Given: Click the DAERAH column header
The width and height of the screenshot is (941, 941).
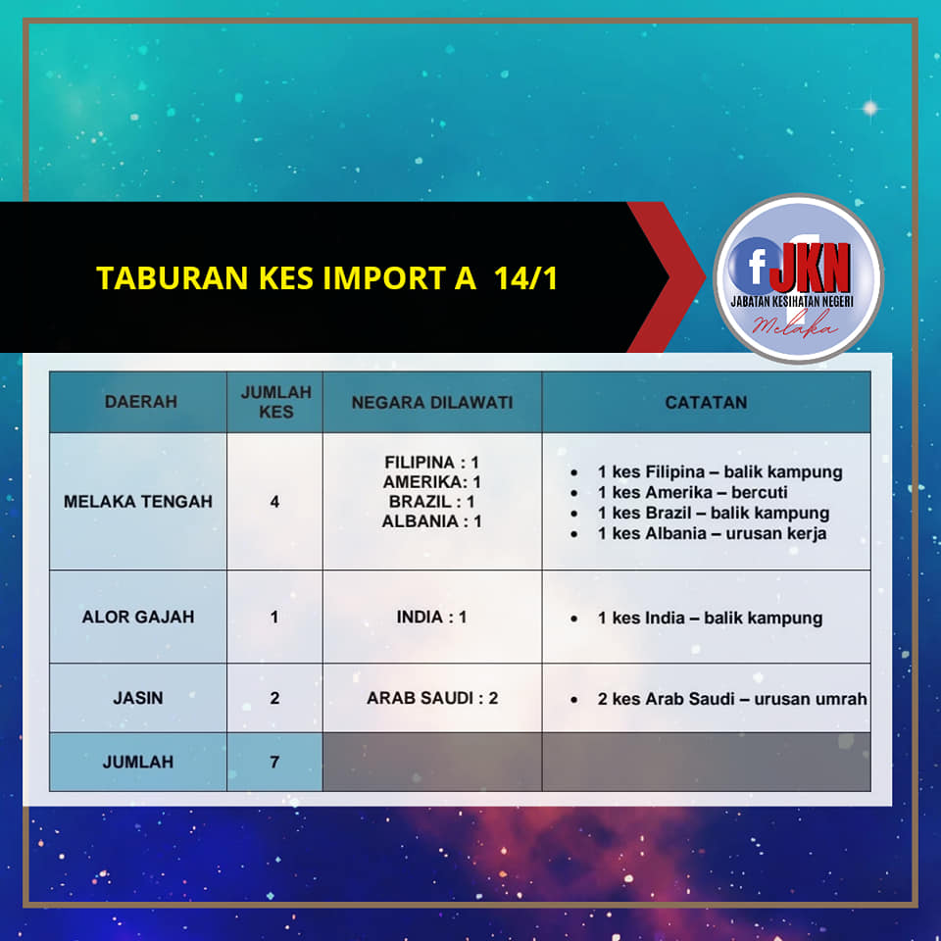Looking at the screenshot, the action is point(141,402).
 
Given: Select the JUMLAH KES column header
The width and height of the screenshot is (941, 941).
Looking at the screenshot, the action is point(276,402).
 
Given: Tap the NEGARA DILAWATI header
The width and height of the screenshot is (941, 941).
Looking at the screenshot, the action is point(432,402).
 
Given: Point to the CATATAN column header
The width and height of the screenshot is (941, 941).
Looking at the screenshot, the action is point(706,402).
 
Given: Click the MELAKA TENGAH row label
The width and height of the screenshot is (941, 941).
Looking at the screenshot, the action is point(138,501).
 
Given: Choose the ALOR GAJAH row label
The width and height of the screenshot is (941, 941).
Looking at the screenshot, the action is point(138,617).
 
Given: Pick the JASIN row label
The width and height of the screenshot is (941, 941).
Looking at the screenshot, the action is point(138,698).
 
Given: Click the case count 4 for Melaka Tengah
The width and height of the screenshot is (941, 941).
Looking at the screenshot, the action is point(274,502).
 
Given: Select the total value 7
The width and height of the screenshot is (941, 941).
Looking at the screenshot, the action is point(274,762).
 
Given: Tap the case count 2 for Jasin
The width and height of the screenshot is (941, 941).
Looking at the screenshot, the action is point(274,698).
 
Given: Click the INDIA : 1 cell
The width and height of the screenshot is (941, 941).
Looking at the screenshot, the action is point(431,617).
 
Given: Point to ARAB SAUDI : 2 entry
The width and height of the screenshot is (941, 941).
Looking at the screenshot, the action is point(432,698).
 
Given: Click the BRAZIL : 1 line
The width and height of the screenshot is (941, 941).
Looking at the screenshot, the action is point(431,501).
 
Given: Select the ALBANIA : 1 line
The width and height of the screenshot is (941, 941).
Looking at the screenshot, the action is point(431,520).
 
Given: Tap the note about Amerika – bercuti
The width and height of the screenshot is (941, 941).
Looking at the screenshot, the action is point(693,492).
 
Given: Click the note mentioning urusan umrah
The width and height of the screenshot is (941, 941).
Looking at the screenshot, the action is point(732,699).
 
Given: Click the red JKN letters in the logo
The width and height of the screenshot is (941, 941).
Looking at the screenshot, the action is point(810,267).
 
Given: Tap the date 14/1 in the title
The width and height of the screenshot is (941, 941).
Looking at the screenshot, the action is point(525,277).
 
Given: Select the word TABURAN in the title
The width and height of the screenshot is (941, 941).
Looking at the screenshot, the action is point(172,277).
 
